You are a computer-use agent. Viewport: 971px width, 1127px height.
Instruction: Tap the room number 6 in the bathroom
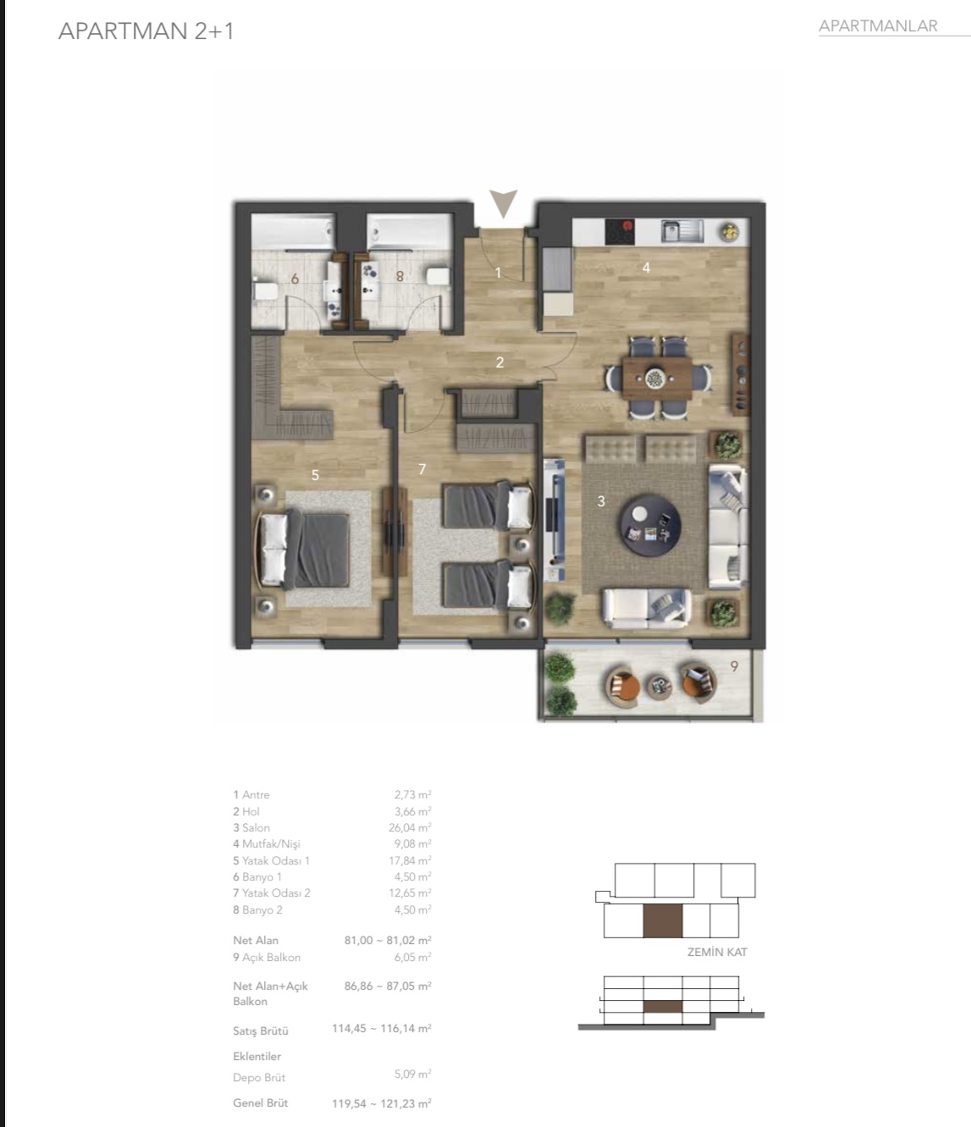(x=295, y=279)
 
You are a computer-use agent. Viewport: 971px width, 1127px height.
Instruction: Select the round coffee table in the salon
(x=650, y=525)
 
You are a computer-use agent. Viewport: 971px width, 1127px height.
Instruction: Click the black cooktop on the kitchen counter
(x=620, y=231)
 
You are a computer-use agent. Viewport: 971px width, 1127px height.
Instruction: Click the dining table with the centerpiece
(x=657, y=378)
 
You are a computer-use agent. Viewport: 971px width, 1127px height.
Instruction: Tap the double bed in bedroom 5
(x=303, y=549)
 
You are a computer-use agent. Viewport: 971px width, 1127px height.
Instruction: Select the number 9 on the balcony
(x=734, y=666)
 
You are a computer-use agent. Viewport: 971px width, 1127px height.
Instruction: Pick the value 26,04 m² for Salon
(x=410, y=827)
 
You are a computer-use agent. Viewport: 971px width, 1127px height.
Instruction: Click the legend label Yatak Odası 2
(x=276, y=893)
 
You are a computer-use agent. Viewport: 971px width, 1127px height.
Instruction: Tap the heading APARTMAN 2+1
(x=146, y=31)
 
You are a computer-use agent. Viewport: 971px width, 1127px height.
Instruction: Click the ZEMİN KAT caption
(x=717, y=952)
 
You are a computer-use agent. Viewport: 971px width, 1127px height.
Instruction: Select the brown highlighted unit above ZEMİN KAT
(x=662, y=920)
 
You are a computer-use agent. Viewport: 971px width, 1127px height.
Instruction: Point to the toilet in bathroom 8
(x=439, y=276)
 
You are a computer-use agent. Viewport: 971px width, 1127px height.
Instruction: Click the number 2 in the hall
(x=499, y=362)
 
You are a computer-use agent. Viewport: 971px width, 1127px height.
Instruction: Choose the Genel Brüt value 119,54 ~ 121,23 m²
(x=382, y=1103)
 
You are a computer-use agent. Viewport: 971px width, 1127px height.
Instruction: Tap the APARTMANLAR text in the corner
(x=878, y=25)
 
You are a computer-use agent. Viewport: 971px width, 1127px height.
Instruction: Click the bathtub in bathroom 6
(x=293, y=231)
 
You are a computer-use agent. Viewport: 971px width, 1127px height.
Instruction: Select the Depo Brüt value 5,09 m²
(x=413, y=1075)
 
